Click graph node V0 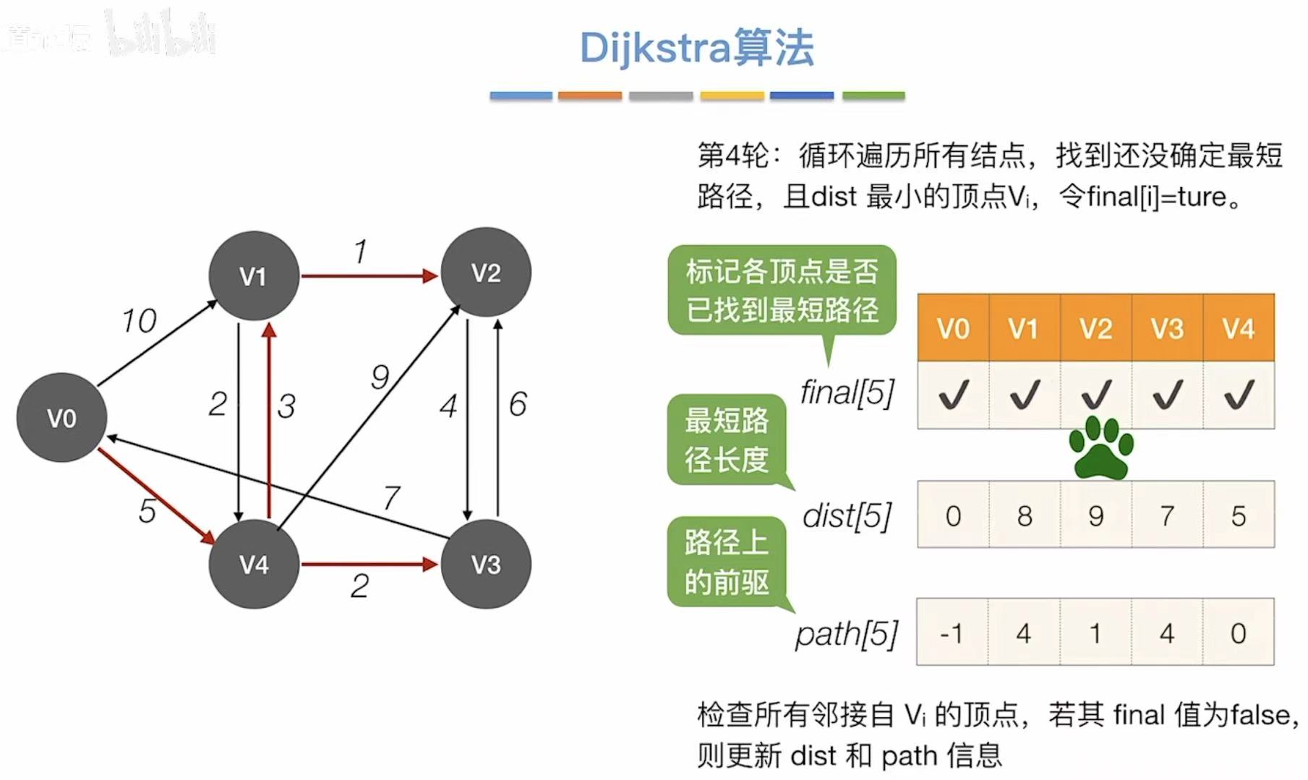click(x=61, y=418)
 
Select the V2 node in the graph click(x=486, y=273)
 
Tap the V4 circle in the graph click(x=254, y=565)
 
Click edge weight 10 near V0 click(x=139, y=321)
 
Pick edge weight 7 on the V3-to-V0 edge click(x=392, y=497)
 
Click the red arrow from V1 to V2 click(x=369, y=275)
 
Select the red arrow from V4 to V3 click(x=369, y=564)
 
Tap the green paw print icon click(x=1101, y=448)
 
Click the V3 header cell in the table click(x=1167, y=329)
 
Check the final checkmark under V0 click(x=953, y=395)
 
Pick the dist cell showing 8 click(x=1024, y=515)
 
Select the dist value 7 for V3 click(x=1167, y=515)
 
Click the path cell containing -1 click(x=952, y=633)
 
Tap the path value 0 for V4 click(x=1238, y=633)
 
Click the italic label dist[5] click(x=847, y=516)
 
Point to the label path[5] click(x=846, y=634)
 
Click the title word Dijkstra click(x=654, y=48)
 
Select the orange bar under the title click(x=589, y=95)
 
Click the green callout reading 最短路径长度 click(x=727, y=440)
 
